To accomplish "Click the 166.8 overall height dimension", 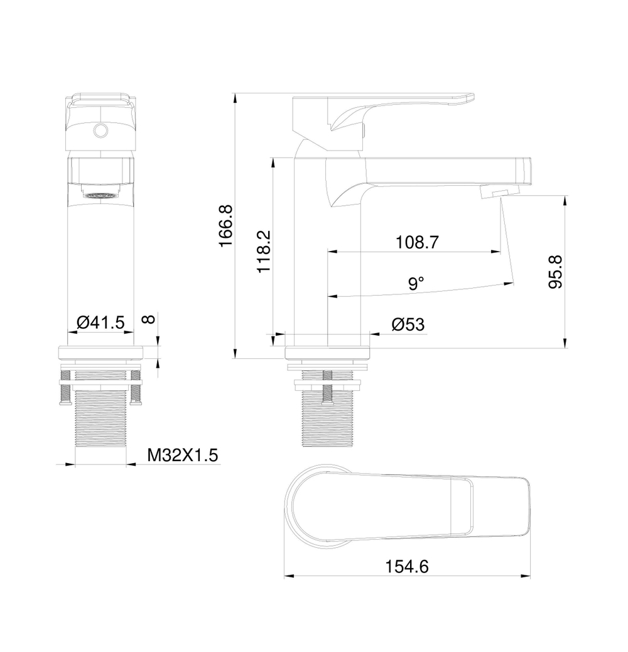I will point(226,225).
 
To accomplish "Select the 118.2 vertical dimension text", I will point(264,251).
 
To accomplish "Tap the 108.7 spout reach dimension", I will point(416,242).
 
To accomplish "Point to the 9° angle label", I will point(416,284).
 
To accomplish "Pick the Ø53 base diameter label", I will point(408,324).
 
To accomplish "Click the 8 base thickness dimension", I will point(149,319).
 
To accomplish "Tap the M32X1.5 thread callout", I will point(182,455).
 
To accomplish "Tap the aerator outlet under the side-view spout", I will point(499,192).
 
